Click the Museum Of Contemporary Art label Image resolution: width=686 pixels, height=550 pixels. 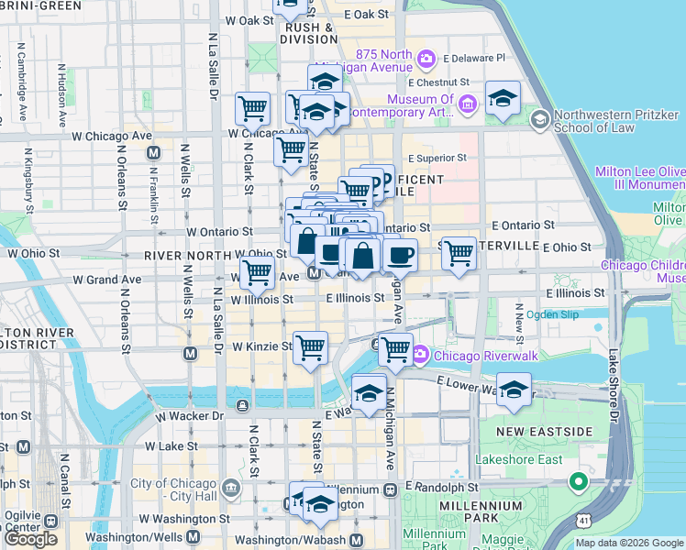pyautogui.click(x=420, y=105)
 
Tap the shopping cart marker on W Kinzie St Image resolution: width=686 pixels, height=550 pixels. pyautogui.click(x=311, y=346)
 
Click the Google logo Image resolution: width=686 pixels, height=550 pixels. pyautogui.click(x=31, y=539)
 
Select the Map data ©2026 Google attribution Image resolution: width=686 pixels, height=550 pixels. pyautogui.click(x=629, y=543)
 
